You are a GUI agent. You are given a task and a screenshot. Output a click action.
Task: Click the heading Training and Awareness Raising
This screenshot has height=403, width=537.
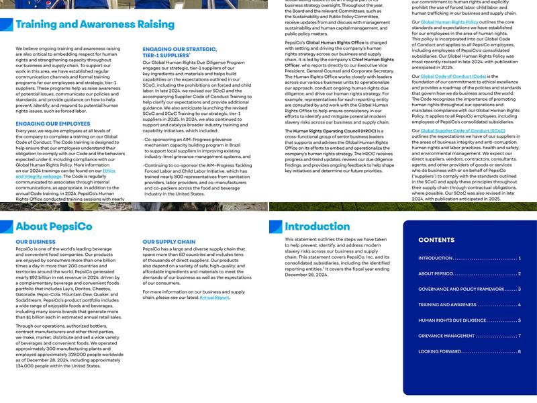tap(95, 25)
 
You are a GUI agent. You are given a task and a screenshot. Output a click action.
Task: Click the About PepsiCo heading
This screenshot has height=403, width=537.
tap(54, 226)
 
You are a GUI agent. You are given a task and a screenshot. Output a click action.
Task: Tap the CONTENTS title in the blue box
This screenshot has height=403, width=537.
tap(436, 240)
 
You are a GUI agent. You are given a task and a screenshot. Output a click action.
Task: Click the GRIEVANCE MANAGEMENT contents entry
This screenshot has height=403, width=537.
tap(446, 336)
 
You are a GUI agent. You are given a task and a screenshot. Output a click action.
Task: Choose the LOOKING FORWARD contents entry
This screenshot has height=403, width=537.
tap(440, 351)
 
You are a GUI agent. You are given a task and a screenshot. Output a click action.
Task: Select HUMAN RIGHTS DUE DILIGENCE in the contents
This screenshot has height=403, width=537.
tap(452, 320)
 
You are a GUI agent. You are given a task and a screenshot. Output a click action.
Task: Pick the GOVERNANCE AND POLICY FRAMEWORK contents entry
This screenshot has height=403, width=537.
tap(461, 289)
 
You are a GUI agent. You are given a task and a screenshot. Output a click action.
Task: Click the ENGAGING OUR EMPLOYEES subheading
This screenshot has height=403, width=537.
tap(53, 124)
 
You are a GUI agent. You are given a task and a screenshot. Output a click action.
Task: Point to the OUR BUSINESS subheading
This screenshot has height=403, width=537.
tap(36, 242)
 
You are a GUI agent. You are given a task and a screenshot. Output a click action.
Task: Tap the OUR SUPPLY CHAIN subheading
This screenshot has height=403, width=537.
tap(169, 242)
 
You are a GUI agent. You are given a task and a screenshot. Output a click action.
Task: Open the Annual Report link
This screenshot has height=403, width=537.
tap(214, 298)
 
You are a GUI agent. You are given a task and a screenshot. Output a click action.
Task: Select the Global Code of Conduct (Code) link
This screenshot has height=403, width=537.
tap(453, 77)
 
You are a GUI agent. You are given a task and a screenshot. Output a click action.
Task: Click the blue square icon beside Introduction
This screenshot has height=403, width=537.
tap(275, 227)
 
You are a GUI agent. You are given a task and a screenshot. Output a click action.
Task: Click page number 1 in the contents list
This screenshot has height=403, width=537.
tap(520, 258)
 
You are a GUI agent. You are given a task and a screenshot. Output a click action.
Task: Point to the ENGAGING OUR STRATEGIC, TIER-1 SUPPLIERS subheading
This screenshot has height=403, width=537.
tap(179, 52)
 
